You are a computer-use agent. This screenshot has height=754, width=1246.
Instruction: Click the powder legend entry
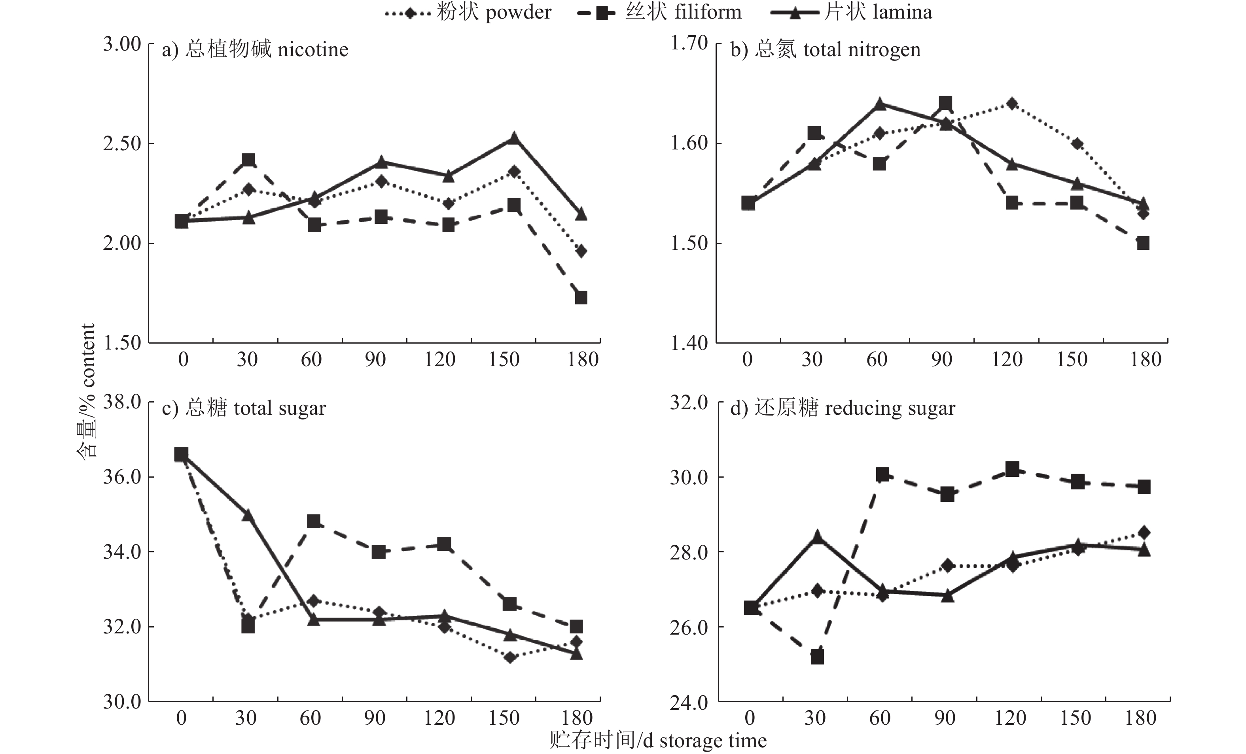[468, 13]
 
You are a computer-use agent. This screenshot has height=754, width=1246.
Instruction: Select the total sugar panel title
[244, 408]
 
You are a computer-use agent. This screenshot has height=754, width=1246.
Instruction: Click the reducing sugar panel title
[843, 408]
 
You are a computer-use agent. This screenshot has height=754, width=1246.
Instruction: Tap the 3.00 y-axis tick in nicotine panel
[122, 44]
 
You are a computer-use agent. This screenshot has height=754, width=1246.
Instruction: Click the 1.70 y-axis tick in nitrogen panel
[689, 43]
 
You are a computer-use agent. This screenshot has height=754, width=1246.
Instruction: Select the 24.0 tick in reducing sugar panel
[689, 703]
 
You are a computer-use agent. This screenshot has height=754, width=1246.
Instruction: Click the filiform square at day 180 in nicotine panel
[581, 298]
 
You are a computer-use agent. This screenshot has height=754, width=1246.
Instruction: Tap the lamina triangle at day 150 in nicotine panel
[514, 138]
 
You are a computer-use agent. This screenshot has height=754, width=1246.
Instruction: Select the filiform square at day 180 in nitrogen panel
[1143, 243]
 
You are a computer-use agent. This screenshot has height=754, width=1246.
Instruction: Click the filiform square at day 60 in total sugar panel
[314, 521]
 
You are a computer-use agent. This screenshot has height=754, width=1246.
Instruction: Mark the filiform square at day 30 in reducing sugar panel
[817, 658]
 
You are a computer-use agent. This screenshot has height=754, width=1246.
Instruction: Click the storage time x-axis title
[658, 741]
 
